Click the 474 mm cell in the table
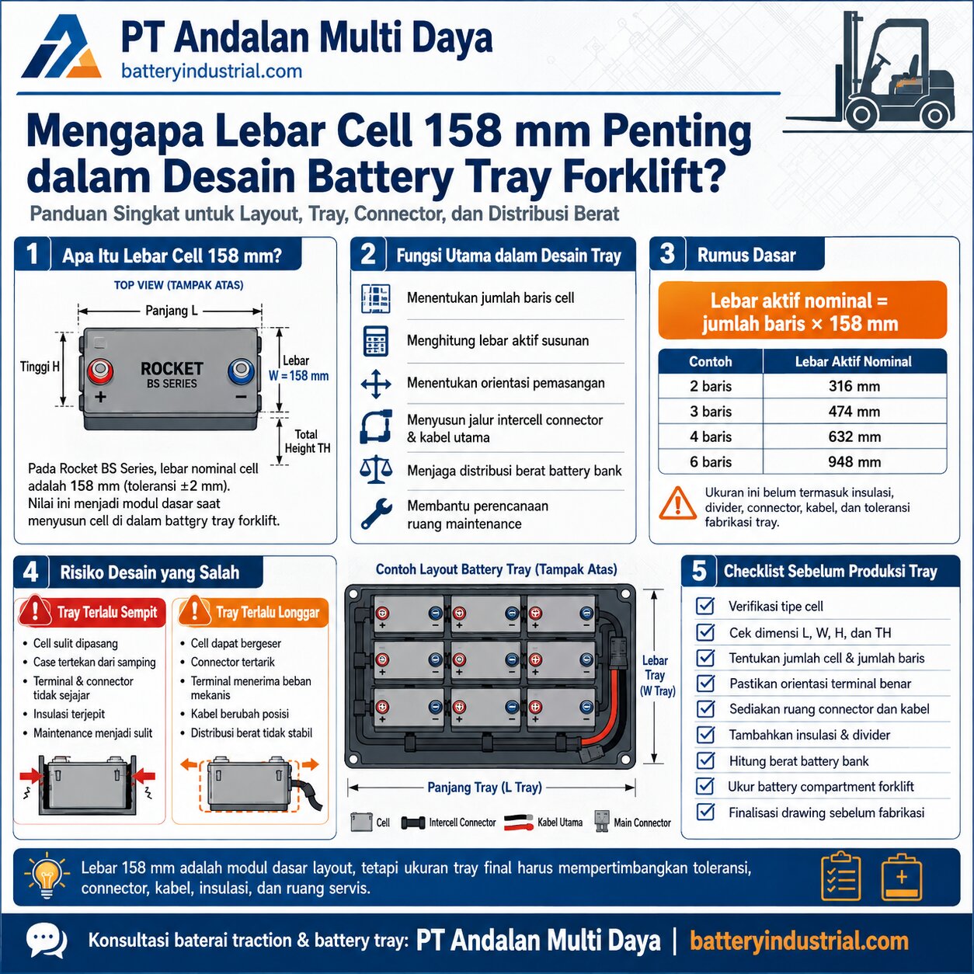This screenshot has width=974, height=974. pos(854,412)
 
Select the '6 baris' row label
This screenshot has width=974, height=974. pos(710,462)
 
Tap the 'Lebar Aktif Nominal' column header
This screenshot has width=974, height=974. pos(853,361)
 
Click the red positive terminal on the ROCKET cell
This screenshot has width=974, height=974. pos(100,372)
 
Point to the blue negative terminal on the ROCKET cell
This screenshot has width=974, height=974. pos(241,371)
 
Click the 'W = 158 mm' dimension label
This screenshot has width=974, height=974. pos(298,376)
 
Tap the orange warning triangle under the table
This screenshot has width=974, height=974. pos(677,503)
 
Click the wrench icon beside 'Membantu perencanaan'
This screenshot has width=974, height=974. pos(376,514)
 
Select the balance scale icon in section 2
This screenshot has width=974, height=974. pos(376,471)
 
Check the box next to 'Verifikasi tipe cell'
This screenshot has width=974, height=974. pos(704,606)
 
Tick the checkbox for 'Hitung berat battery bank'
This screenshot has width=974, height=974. pos(704,760)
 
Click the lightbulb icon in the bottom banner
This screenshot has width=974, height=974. pos(47,877)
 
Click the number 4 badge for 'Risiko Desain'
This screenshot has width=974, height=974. pos(31,572)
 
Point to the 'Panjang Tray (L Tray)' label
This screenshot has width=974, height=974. pos(484,788)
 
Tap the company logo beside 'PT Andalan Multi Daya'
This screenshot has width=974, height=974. pos(60,47)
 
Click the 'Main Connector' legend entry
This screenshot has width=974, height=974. pos(632,823)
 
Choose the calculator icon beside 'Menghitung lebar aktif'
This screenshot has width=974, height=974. pos(376,341)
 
